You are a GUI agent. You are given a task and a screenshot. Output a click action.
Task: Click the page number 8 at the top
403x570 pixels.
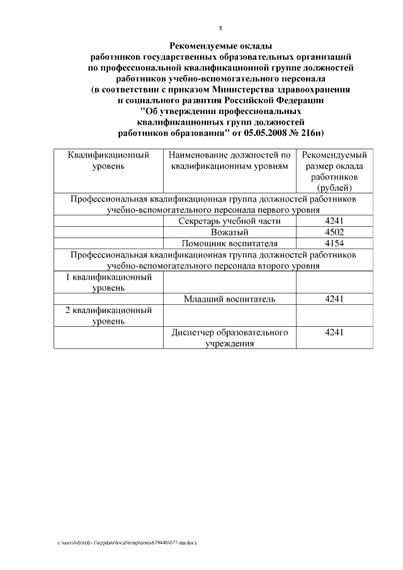(220, 28)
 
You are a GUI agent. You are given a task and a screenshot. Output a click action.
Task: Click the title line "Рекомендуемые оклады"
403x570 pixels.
(221, 46)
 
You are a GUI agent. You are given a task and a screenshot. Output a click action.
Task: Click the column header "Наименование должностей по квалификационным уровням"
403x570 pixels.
(229, 160)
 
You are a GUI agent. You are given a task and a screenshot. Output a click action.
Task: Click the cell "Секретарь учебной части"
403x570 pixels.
(229, 221)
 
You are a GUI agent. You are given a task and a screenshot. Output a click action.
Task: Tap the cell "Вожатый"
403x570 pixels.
(229, 232)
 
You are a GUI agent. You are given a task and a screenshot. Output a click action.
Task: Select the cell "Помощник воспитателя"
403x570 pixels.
(229, 243)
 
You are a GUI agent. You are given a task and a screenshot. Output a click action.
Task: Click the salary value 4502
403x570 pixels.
(334, 232)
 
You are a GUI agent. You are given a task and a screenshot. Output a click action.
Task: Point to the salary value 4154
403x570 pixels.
(334, 243)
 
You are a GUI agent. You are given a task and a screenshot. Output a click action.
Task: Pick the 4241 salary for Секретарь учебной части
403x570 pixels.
(334, 221)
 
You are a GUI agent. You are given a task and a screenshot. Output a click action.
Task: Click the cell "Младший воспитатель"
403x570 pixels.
(229, 299)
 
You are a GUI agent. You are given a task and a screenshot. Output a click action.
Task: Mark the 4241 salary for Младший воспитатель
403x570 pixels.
(334, 299)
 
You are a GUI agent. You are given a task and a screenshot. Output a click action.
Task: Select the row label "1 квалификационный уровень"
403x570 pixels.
(108, 282)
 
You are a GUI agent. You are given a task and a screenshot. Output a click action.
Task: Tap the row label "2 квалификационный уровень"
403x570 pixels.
(108, 315)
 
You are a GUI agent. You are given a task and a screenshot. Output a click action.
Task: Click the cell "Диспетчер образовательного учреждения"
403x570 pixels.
(229, 338)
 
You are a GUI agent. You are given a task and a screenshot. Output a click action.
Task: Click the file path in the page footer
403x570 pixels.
(127, 542)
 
